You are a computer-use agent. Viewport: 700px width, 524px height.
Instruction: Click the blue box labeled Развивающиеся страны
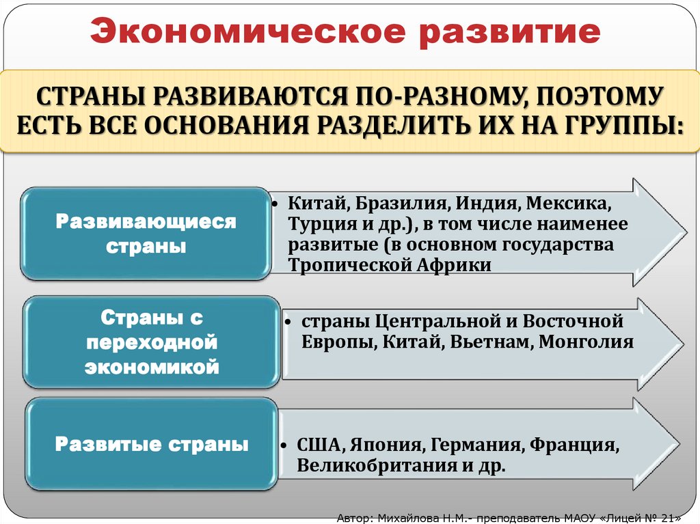pos(145,234)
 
